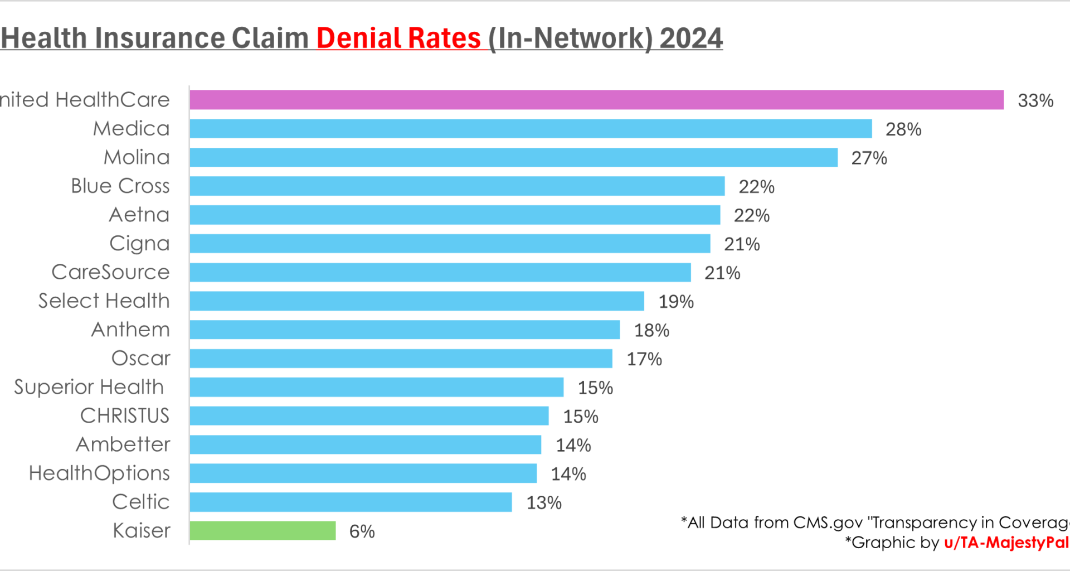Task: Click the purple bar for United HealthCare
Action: point(596,100)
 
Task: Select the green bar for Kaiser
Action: point(262,530)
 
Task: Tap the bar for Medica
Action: point(531,128)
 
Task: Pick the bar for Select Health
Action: point(417,301)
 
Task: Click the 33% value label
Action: point(1035,101)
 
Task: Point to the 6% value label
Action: point(362,531)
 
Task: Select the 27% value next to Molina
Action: point(869,158)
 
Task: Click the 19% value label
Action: point(676,302)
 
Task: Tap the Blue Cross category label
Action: point(120,186)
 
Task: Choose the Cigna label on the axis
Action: point(139,244)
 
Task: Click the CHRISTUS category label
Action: point(125,416)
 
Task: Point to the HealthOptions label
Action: point(99,473)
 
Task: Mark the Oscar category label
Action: point(141,359)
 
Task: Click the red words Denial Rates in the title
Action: point(398,38)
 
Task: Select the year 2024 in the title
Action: point(691,38)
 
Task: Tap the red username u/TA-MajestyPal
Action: point(1006,543)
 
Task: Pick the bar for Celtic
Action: point(351,502)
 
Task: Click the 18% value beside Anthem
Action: point(651,331)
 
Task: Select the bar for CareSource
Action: point(440,273)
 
